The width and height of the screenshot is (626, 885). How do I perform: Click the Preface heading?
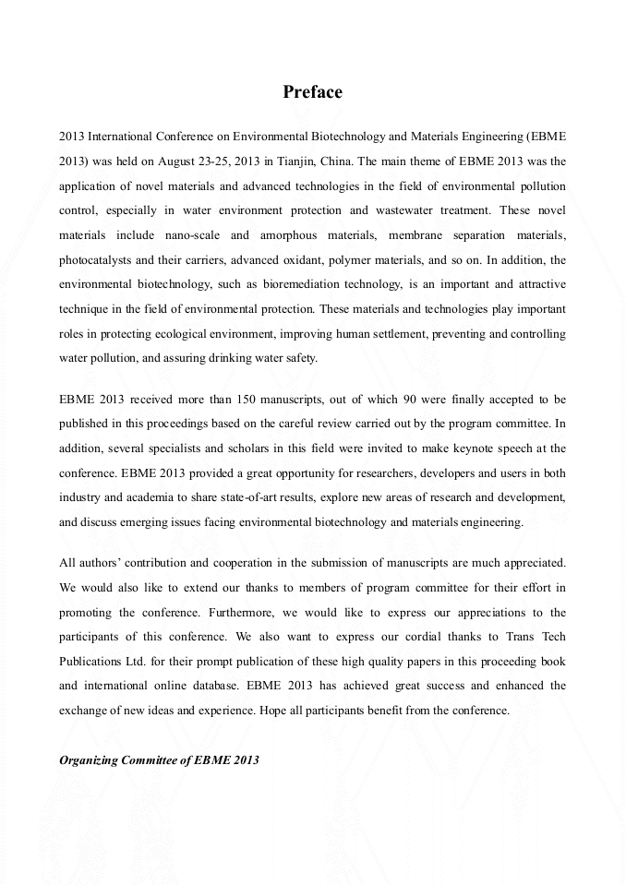312,92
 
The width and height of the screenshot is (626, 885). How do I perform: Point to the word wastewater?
414,210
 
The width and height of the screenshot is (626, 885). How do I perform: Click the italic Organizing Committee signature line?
159,760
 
